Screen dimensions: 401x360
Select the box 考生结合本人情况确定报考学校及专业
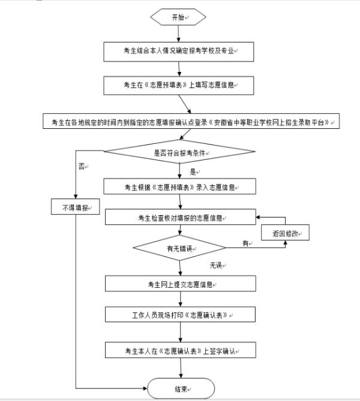(179, 52)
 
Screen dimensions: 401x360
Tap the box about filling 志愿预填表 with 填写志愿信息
(179, 86)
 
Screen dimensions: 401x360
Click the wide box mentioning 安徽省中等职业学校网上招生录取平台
(192, 122)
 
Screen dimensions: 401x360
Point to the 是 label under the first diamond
(185, 171)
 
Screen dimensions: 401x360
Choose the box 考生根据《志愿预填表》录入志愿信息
(179, 186)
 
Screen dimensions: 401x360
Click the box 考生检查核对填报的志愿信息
(179, 217)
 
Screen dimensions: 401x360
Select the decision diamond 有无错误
(179, 248)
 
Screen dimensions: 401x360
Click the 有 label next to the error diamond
(245, 243)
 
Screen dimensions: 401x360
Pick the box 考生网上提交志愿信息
(179, 284)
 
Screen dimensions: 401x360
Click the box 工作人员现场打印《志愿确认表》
(179, 314)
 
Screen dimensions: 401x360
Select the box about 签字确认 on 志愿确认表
(179, 349)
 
